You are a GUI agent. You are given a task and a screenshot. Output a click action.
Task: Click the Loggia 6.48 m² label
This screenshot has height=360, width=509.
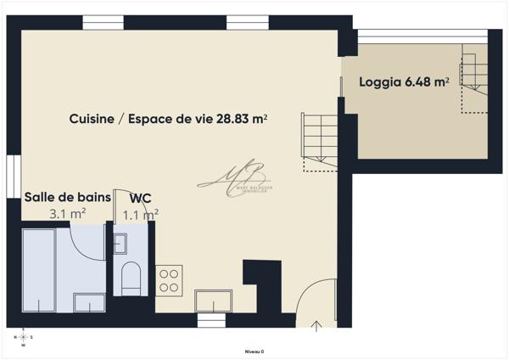[404, 82]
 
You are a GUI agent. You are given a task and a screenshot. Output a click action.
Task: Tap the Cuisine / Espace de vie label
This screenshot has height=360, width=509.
[169, 120]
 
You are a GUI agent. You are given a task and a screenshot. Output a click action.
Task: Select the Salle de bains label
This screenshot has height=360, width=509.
[67, 197]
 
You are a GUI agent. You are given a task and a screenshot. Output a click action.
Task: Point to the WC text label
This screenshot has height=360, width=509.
[141, 198]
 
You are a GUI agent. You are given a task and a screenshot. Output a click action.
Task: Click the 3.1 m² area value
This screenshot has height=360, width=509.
[67, 214]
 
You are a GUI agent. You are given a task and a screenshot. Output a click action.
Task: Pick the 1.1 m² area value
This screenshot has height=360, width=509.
[141, 215]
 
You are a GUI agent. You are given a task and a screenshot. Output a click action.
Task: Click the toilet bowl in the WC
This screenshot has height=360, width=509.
[131, 278]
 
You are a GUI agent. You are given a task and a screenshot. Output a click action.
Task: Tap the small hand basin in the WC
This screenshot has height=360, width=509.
[119, 245]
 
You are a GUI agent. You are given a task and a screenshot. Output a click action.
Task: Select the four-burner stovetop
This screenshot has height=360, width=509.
[169, 279]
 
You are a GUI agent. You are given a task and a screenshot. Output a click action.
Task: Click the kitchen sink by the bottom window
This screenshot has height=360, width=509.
[213, 301]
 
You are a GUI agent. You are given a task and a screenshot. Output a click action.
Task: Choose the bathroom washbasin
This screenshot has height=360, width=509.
[89, 303]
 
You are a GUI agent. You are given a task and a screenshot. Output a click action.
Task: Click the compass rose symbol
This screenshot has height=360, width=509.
[23, 337]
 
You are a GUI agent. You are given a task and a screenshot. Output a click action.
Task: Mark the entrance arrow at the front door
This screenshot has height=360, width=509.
[316, 323]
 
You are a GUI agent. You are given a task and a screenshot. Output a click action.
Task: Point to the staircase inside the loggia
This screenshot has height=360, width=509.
[473, 81]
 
